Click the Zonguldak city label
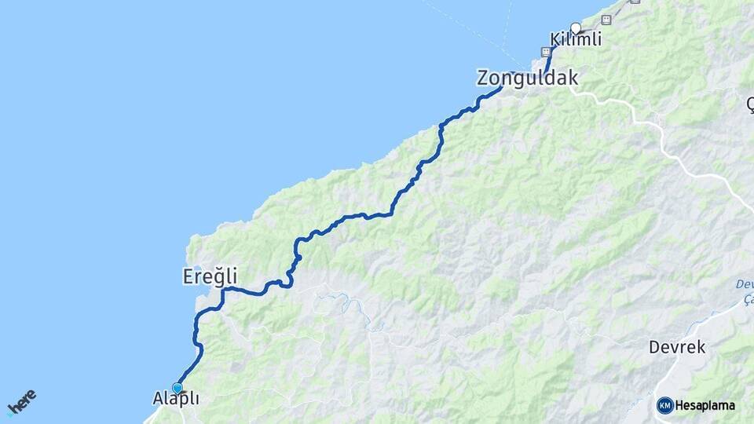coord(527,79)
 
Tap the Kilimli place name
coord(576,39)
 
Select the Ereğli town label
coord(210,277)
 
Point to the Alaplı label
coord(175,400)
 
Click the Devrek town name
coord(677,347)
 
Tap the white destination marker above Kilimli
coord(576,28)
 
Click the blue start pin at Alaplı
coord(178,388)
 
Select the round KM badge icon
coord(664,405)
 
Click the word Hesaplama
coord(705,406)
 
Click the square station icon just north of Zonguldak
coord(544,51)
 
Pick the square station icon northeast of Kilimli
coord(606,18)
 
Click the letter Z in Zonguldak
coord(484,79)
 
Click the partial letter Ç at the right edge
coord(749,102)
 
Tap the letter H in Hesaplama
coord(680,406)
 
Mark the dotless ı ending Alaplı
coord(196,399)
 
